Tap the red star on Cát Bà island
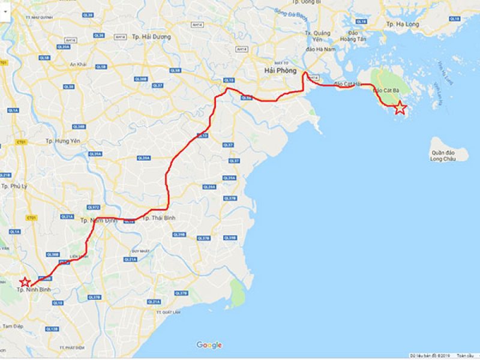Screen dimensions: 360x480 [400, 108]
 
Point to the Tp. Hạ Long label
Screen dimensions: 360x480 [403, 24]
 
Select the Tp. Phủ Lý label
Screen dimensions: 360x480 [15, 187]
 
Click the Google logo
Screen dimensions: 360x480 [209, 345]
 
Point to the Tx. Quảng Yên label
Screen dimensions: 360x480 [318, 37]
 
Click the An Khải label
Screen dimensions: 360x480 [78, 64]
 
